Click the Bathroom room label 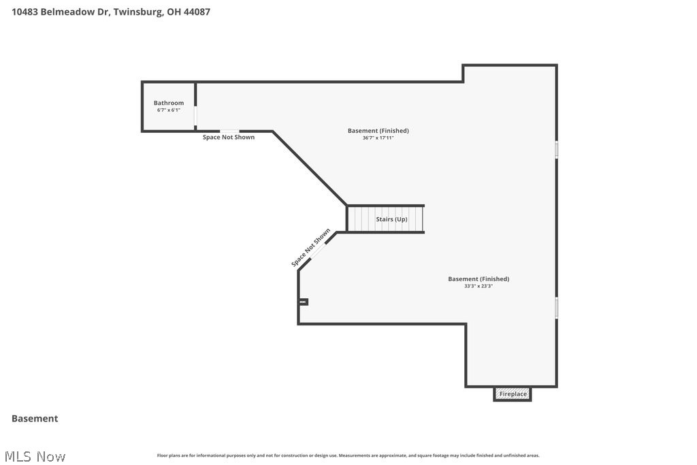click(x=168, y=103)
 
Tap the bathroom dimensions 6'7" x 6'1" click(x=168, y=110)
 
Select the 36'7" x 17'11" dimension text click(x=378, y=138)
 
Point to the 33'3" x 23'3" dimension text click(x=478, y=287)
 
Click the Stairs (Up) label click(x=391, y=219)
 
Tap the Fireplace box click(x=513, y=394)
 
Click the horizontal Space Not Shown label click(x=229, y=138)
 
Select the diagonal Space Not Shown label click(x=310, y=248)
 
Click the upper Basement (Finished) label click(x=378, y=131)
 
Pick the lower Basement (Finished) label click(x=478, y=279)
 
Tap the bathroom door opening click(x=195, y=116)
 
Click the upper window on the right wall click(x=556, y=150)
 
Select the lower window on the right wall click(x=556, y=308)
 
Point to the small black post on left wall click(x=304, y=302)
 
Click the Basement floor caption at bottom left click(x=35, y=419)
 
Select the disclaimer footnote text click(x=348, y=455)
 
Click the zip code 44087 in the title click(x=195, y=12)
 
